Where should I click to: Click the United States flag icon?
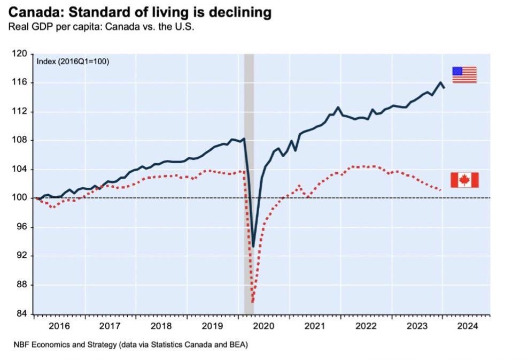464,75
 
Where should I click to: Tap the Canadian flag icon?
464,180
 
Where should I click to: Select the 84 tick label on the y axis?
22,314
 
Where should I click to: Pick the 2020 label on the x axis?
263,325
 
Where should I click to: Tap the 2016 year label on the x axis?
59,325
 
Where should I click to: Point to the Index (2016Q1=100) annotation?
73,62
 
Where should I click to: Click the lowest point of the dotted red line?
252,302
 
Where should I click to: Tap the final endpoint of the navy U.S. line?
444,88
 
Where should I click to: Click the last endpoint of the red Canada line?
440,190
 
